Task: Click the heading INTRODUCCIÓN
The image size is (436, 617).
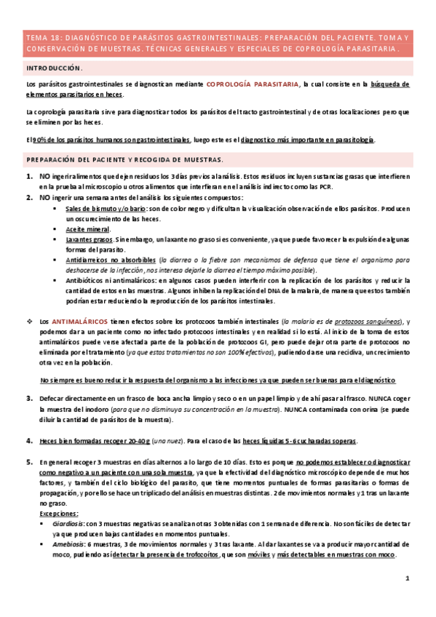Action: pos(54,67)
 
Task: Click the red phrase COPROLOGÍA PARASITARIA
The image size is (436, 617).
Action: pos(253,84)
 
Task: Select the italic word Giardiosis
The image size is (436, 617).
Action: pos(81,523)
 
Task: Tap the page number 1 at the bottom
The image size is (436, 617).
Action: pos(408,578)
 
